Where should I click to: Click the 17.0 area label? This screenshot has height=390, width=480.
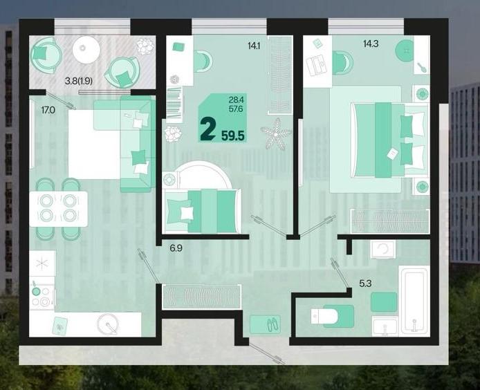tap(48, 110)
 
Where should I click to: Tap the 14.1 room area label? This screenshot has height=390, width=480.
tap(254, 46)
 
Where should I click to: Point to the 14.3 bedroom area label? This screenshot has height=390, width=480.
tap(371, 44)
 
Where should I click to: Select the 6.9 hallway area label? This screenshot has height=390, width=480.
tap(176, 248)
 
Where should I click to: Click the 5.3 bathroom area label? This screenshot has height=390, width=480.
tap(365, 284)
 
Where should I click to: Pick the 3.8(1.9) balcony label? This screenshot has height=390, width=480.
tap(79, 81)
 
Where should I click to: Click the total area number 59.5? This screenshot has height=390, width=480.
tap(233, 136)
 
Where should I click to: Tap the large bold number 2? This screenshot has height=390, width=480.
tap(208, 129)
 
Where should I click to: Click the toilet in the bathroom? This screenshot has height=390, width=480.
tap(324, 316)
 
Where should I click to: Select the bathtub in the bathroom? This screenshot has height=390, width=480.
tap(414, 300)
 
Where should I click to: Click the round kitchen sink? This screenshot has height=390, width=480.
tap(108, 324)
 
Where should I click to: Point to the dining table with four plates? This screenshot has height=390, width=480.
tap(59, 209)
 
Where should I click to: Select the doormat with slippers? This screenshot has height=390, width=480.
tap(266, 324)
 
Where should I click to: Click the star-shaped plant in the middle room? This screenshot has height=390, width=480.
tap(276, 134)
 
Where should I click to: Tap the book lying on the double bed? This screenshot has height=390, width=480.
tap(392, 154)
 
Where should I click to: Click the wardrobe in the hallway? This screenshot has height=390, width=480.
tap(201, 297)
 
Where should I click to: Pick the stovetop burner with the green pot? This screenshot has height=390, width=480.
tap(36, 290)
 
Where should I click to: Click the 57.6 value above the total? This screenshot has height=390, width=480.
tap(236, 108)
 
